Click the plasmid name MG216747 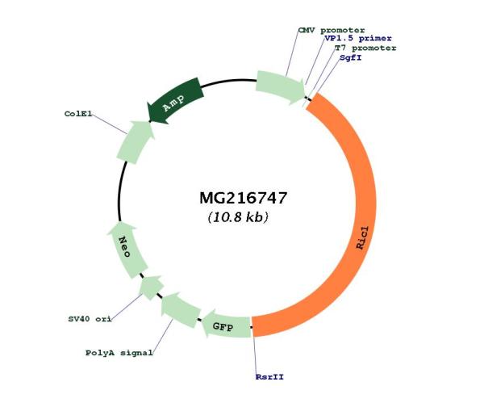[244, 198]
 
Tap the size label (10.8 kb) [238, 217]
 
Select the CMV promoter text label [332, 31]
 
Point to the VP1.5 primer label [358, 38]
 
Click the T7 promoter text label [365, 48]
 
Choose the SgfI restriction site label [351, 58]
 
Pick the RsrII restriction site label [269, 377]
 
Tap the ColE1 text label [78, 114]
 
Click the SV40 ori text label [90, 319]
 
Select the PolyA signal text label [119, 353]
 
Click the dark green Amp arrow [176, 101]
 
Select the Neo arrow [127, 249]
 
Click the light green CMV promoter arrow [280, 87]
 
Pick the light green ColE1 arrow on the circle [135, 141]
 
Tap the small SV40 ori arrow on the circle [151, 287]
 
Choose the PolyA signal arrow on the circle [180, 309]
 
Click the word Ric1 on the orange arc [362, 237]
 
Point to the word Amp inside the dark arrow [173, 103]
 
